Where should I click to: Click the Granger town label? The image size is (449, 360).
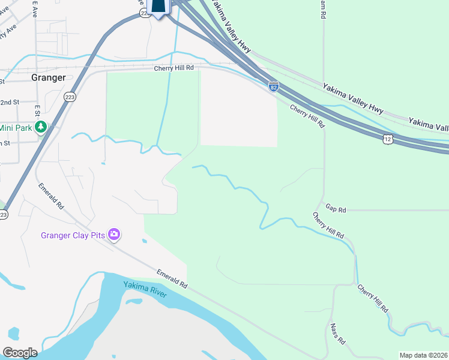48,77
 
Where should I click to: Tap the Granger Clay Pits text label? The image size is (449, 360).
73,235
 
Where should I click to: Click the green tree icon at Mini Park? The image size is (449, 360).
41,127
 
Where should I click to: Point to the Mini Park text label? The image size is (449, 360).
14,127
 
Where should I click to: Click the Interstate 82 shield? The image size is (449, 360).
273,87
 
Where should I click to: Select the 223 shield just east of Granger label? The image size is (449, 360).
70,97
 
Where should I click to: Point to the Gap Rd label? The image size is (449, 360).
336,209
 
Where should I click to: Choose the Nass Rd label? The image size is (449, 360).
337,334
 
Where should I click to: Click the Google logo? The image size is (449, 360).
20,353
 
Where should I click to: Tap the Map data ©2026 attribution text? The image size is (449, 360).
423,355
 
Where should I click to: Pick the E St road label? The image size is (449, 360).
37,111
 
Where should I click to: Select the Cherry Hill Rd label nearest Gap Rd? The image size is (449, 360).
328,224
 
